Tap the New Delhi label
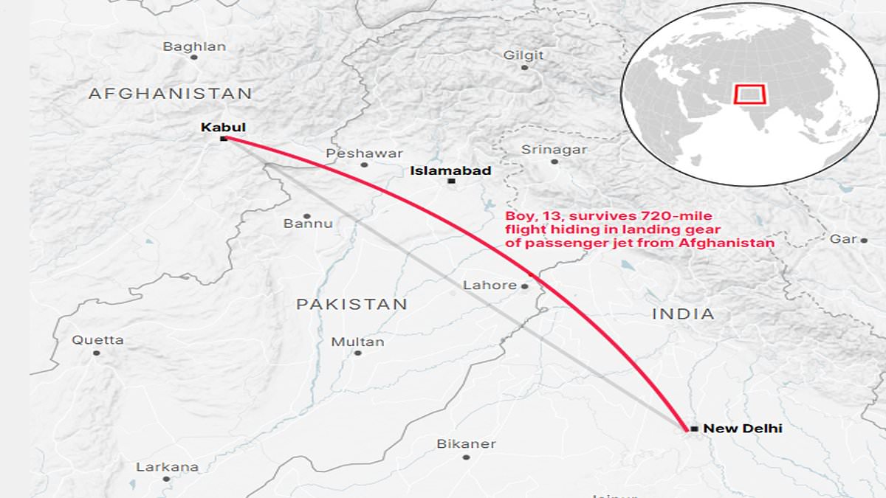tap(742, 428)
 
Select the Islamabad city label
tap(450, 171)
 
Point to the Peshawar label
tap(365, 153)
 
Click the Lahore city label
tap(490, 286)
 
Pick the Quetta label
tap(97, 340)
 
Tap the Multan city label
tap(357, 342)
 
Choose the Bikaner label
tap(466, 444)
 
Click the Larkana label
tap(167, 467)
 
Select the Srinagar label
tap(554, 149)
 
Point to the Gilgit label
tap(523, 55)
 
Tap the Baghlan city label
tap(194, 46)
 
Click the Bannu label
tap(308, 223)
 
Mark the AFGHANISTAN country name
tap(170, 94)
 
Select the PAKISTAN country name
tap(351, 304)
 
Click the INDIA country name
tap(683, 314)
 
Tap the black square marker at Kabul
tap(223, 139)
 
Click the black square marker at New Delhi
tap(694, 429)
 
